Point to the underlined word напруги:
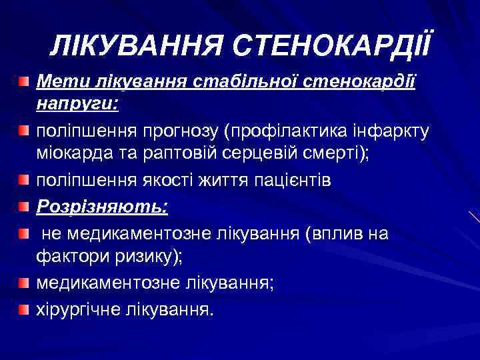point(77,104)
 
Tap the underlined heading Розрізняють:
point(102,207)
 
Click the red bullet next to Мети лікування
point(24,82)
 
